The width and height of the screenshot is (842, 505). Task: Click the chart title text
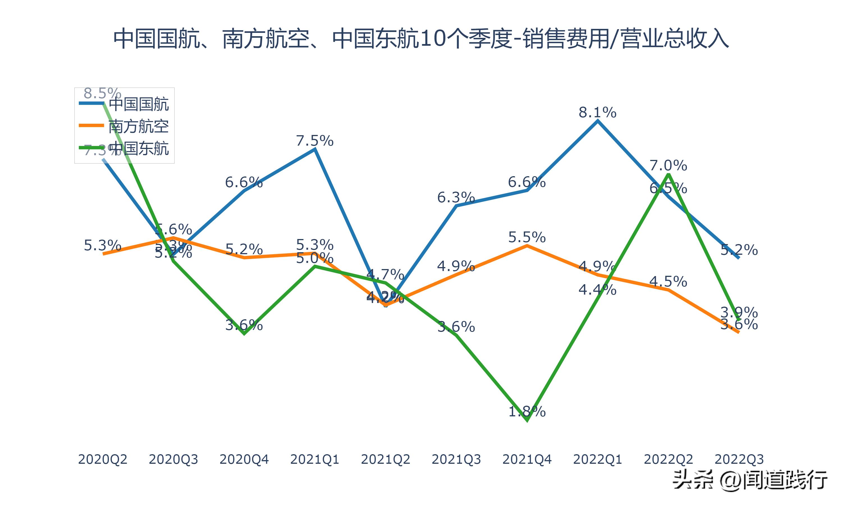point(421,39)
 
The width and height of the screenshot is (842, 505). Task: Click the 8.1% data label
point(597,112)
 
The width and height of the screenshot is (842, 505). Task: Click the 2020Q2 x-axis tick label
point(102,459)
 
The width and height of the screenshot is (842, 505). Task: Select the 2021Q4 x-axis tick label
point(527,459)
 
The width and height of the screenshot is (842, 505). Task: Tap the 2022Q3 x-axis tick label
point(739,459)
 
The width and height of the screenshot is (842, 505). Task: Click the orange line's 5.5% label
point(527,237)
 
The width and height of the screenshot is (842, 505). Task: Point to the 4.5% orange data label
point(668,281)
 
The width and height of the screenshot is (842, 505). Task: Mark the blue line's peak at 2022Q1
point(598,121)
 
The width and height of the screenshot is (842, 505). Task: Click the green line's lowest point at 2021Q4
point(527,421)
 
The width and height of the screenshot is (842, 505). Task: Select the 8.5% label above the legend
point(102,93)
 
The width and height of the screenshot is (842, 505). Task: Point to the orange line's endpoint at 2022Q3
point(738,332)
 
